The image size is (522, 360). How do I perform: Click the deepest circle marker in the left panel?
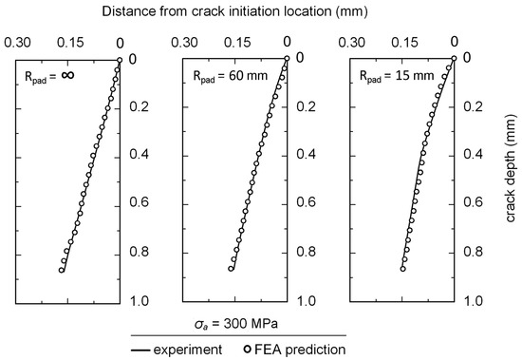point(62,270)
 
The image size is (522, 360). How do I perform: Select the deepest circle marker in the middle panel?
point(231,269)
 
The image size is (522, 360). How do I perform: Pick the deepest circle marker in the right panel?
point(402,269)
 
